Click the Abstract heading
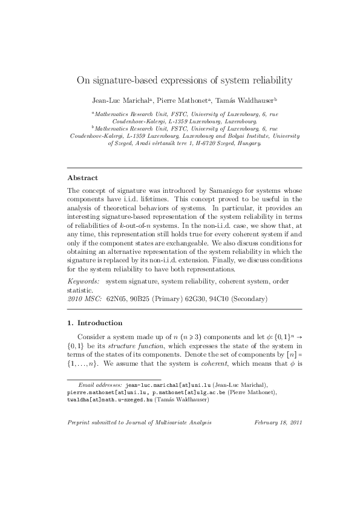[x=81, y=178]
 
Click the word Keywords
[x=82, y=282]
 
